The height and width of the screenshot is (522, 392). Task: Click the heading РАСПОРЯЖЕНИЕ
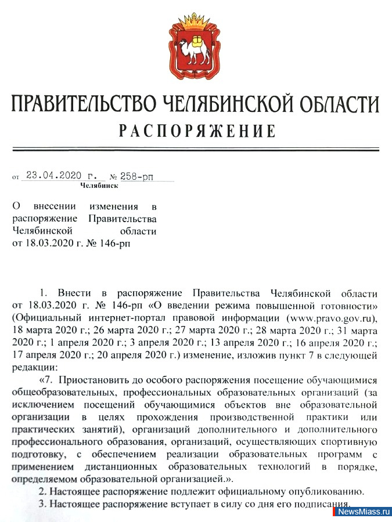197,130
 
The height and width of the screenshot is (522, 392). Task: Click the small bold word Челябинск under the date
99,186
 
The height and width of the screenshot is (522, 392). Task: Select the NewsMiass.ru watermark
364,512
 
